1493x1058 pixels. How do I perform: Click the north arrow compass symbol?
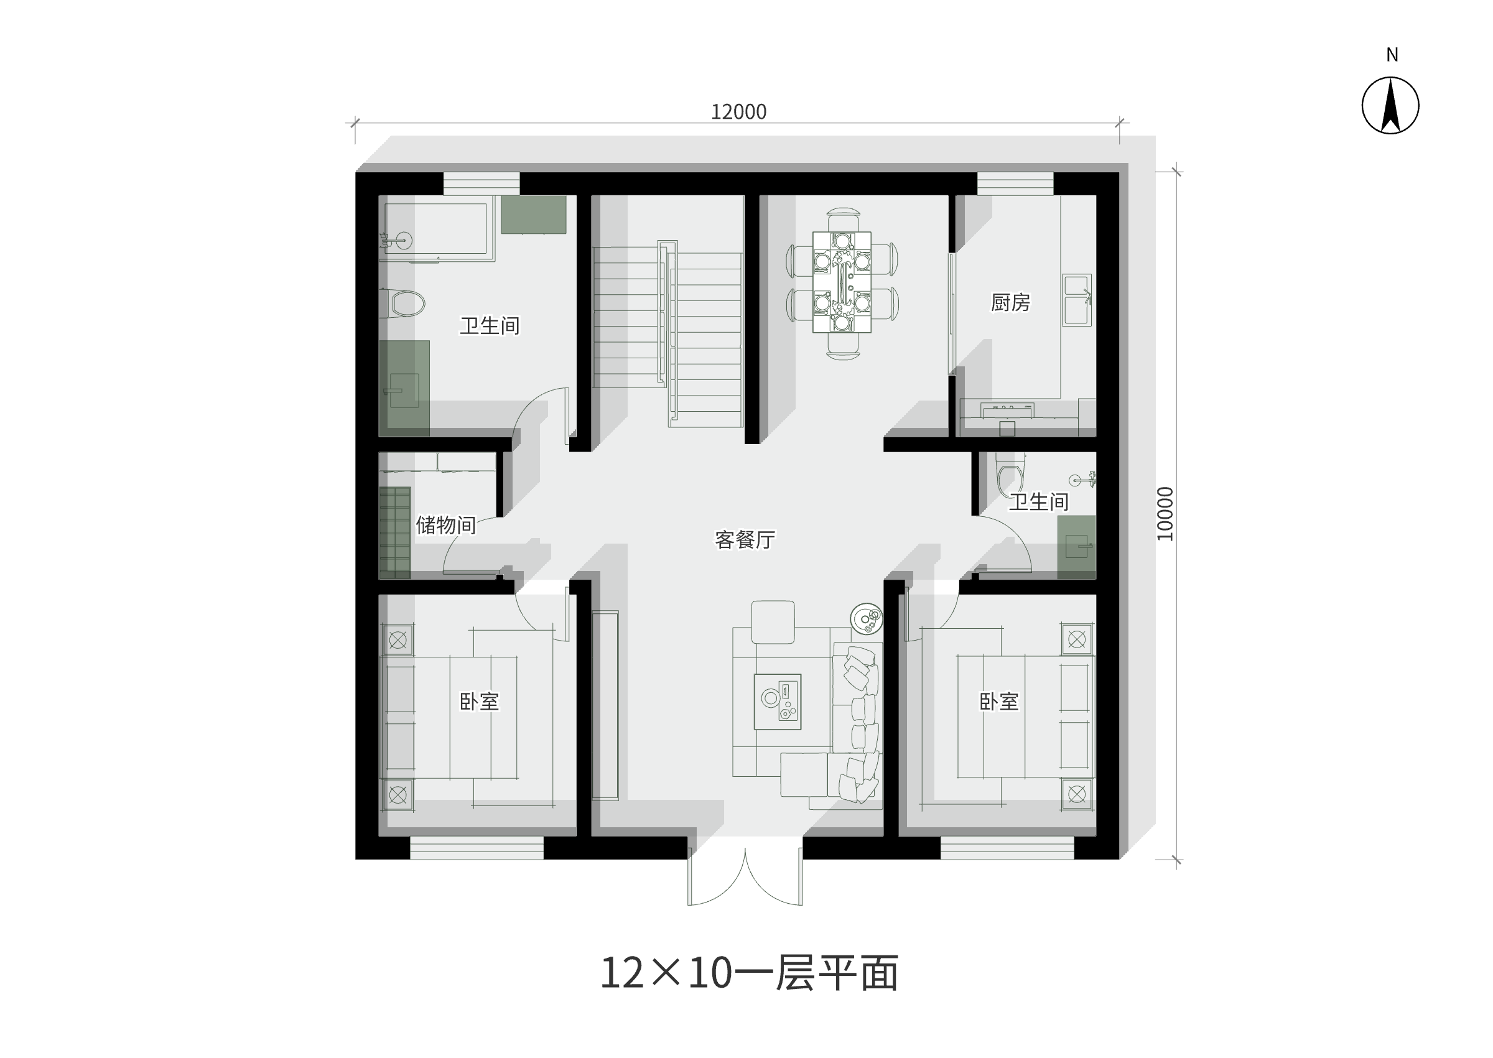pyautogui.click(x=1390, y=106)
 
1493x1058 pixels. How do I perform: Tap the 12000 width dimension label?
pyautogui.click(x=738, y=112)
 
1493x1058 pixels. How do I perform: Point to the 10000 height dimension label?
pyautogui.click(x=1165, y=514)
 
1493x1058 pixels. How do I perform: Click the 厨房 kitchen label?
pyautogui.click(x=1010, y=302)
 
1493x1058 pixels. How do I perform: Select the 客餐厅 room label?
pyautogui.click(x=745, y=539)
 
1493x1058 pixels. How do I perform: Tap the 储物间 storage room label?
pyautogui.click(x=446, y=525)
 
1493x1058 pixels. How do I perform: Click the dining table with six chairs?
pyautogui.click(x=842, y=283)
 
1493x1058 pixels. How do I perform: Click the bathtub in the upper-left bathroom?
pyautogui.click(x=437, y=230)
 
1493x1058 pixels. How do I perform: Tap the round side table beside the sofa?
pyautogui.click(x=867, y=618)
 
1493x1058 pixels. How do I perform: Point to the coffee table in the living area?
pyautogui.click(x=777, y=702)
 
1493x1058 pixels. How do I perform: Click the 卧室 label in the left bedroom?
pyautogui.click(x=480, y=702)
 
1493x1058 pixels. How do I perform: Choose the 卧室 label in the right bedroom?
pyautogui.click(x=999, y=702)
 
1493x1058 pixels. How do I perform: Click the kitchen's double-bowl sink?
pyautogui.click(x=1077, y=300)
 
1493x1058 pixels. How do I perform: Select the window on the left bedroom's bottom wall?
pyautogui.click(x=477, y=848)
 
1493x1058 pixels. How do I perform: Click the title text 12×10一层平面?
pyautogui.click(x=749, y=973)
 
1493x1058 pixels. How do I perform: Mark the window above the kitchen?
pyautogui.click(x=1015, y=183)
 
